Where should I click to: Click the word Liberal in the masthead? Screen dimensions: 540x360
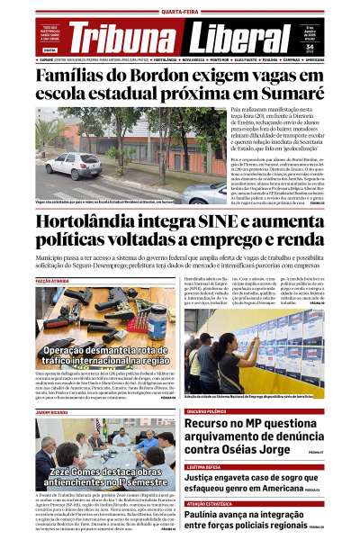click(225, 38)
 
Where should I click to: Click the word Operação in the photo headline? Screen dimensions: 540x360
click(74, 350)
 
